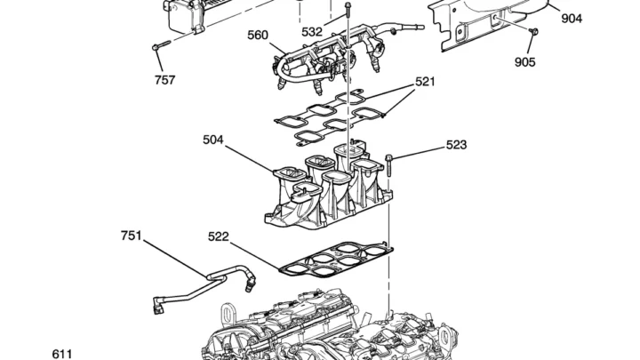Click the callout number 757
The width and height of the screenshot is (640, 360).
point(165,80)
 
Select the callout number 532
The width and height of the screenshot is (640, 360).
point(312,32)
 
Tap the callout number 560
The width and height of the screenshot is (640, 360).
point(258,35)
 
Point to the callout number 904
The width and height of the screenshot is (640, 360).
point(572,19)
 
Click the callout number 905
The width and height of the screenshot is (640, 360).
point(525,62)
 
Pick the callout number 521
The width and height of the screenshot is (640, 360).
point(425,82)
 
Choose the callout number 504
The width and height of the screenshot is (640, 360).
point(213,140)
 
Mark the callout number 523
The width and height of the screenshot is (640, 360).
point(456,145)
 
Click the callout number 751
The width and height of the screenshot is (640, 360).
point(131,236)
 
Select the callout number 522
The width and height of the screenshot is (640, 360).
point(219,236)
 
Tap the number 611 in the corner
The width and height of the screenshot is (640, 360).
point(62,354)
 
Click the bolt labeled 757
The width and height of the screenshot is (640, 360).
point(162,45)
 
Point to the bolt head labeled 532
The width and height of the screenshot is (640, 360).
point(348,5)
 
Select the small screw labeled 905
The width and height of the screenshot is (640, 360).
point(533,31)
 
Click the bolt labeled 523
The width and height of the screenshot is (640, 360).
point(389,165)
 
